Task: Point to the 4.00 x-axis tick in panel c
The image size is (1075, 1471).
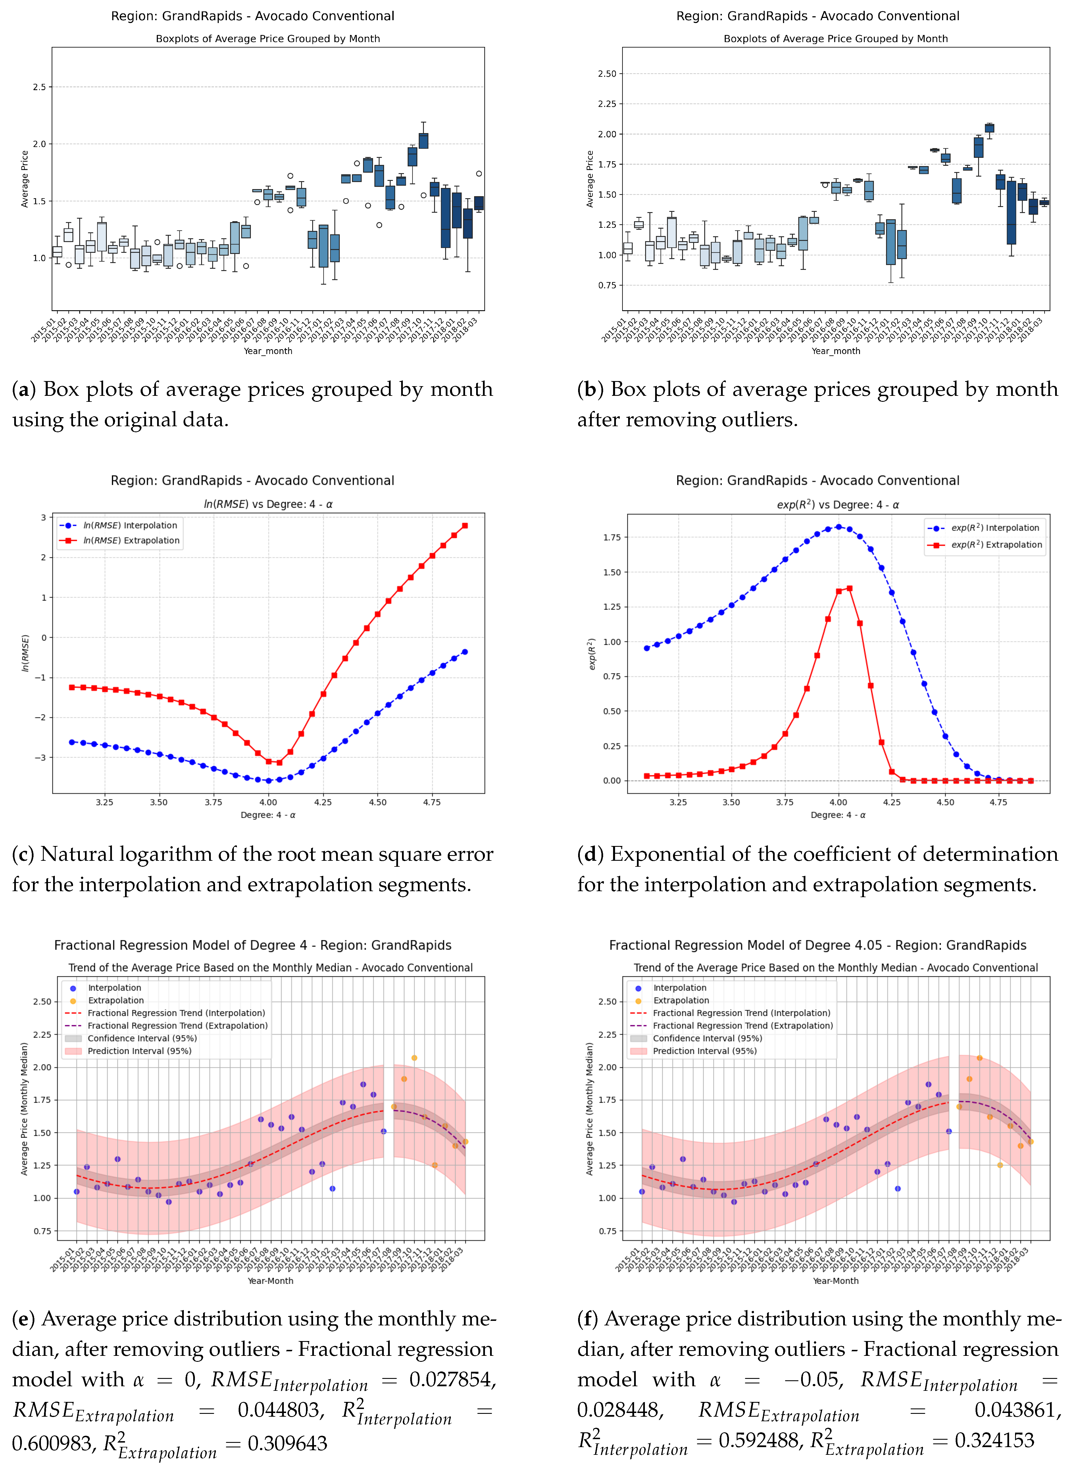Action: [x=268, y=802]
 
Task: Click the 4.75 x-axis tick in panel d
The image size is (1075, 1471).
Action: [x=998, y=802]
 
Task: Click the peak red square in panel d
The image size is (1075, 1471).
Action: [x=849, y=589]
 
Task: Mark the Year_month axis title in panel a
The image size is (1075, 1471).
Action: [x=268, y=351]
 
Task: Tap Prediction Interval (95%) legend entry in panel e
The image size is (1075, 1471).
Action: [x=139, y=1051]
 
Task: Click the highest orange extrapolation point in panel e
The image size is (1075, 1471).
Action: [x=414, y=1058]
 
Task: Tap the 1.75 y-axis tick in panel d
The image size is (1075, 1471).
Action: [x=612, y=537]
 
